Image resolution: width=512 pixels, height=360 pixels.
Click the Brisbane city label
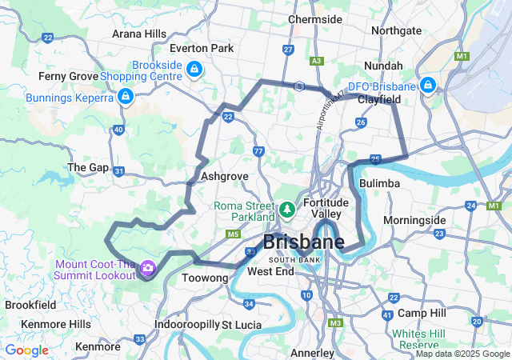[x=304, y=242]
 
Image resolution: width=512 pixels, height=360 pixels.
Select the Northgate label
[x=396, y=30]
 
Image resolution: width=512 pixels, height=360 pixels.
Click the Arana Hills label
[x=138, y=34]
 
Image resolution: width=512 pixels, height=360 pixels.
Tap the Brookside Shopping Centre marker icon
[x=194, y=70]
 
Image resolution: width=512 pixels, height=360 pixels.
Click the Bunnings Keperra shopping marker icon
[x=124, y=97]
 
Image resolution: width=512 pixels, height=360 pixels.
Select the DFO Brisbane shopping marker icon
[x=428, y=85]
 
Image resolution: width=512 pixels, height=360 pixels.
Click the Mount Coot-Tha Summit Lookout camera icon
[x=147, y=268]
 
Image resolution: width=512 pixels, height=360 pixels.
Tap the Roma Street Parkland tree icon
[x=287, y=210]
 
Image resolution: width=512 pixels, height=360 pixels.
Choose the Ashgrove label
[x=225, y=176]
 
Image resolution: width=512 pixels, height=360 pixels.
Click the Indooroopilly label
[x=186, y=325]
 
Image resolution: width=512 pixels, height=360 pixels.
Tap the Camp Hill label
[x=421, y=312]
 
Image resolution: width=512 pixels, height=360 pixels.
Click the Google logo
[x=26, y=350]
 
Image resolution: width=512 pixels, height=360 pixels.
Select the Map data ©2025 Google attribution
[x=462, y=354]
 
